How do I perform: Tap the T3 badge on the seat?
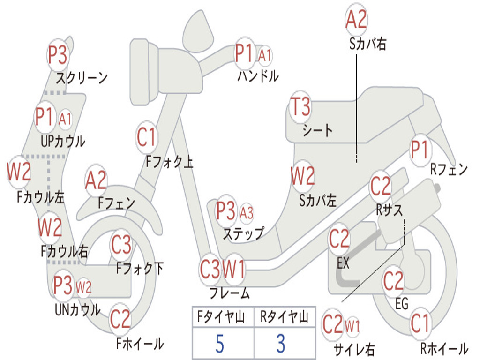tap(300, 106)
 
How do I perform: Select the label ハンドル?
tap(258, 76)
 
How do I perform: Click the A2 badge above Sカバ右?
tap(356, 19)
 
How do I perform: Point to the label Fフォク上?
tap(169, 161)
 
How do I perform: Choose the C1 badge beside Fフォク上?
tap(146, 137)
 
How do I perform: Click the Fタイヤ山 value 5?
tap(220, 344)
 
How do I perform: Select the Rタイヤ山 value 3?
tap(281, 344)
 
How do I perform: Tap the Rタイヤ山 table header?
tap(285, 317)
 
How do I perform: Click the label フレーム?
tap(230, 293)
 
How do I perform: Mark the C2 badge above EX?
tap(339, 239)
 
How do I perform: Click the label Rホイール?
tap(444, 348)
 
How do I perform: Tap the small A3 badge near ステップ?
tap(247, 213)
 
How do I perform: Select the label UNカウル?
tap(77, 310)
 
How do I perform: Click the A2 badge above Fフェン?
tap(96, 180)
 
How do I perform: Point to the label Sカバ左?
tap(318, 201)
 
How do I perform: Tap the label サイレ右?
tap(354, 349)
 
